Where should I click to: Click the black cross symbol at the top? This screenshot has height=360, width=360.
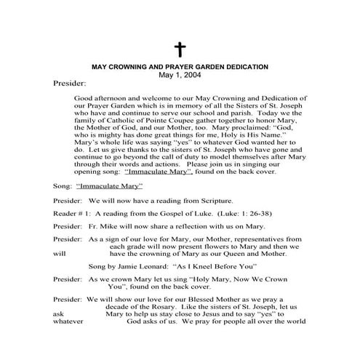click(180, 50)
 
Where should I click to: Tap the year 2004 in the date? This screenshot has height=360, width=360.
click(191, 75)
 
